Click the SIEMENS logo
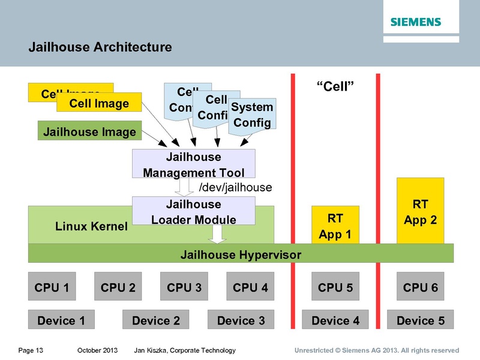pos(416,22)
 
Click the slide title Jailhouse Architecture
pos(100,47)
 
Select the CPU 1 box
pos(52,287)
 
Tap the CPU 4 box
pos(250,287)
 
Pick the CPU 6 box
pos(420,287)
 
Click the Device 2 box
pos(155,320)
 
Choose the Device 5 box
pos(420,320)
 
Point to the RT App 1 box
pos(335,225)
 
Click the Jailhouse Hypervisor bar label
pos(241,254)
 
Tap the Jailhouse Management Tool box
pos(193,164)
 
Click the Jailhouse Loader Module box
pos(193,212)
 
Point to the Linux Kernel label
pos(91,226)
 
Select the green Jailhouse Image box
pos(89,131)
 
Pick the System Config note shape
pos(252,115)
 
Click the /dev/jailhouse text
pos(235,188)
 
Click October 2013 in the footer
pos(97,350)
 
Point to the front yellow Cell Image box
pos(99,103)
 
